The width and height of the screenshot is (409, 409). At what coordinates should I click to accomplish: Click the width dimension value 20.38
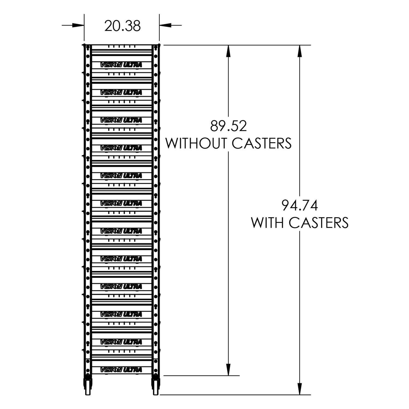click(x=122, y=26)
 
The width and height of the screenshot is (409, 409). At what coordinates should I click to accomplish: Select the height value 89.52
click(x=228, y=126)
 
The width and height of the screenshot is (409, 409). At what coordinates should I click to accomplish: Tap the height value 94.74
click(x=300, y=206)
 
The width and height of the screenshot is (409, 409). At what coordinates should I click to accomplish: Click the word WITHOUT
click(x=196, y=143)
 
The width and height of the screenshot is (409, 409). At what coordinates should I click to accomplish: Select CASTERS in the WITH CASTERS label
click(x=319, y=223)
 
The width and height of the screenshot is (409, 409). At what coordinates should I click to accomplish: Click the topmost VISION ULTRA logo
click(x=121, y=65)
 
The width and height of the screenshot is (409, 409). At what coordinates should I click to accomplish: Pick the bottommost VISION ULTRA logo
click(x=121, y=370)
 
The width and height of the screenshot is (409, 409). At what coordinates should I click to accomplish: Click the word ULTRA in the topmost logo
click(x=133, y=65)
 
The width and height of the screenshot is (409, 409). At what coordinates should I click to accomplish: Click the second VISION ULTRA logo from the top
click(x=121, y=93)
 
